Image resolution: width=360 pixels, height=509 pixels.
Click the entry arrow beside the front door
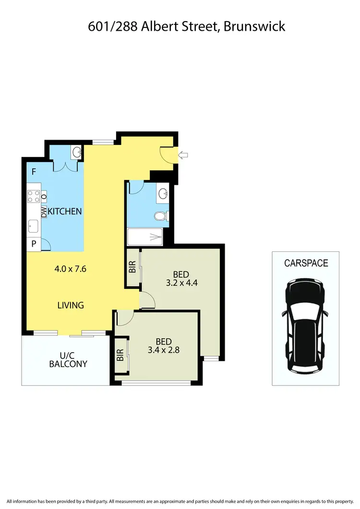[x=183, y=154]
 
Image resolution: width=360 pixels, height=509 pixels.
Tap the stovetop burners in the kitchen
[x=34, y=196]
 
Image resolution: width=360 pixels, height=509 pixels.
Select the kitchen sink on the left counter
[x=34, y=225]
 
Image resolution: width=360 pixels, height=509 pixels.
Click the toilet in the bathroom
[x=161, y=216]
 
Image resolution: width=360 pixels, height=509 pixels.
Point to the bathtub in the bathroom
[x=145, y=236]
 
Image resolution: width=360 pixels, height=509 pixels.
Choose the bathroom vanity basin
[x=163, y=193]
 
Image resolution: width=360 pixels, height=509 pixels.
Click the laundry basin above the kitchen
[x=77, y=153]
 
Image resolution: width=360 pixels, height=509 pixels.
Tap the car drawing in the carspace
[x=305, y=326]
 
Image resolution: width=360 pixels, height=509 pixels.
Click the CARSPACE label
[x=306, y=263]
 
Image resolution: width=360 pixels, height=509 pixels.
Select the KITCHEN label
[x=65, y=211]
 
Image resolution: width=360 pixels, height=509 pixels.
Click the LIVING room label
[x=71, y=305]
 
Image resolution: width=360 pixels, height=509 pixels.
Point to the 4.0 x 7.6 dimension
[x=70, y=269]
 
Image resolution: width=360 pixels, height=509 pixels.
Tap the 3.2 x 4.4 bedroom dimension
[x=181, y=283]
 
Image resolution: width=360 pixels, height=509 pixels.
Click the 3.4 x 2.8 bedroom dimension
[x=164, y=350]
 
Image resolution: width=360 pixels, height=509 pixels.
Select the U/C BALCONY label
[x=68, y=360]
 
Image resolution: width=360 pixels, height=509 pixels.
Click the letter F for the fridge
[x=34, y=172]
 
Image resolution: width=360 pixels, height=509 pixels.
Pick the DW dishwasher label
[x=44, y=212]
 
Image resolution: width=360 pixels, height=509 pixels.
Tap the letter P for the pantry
[x=34, y=244]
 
